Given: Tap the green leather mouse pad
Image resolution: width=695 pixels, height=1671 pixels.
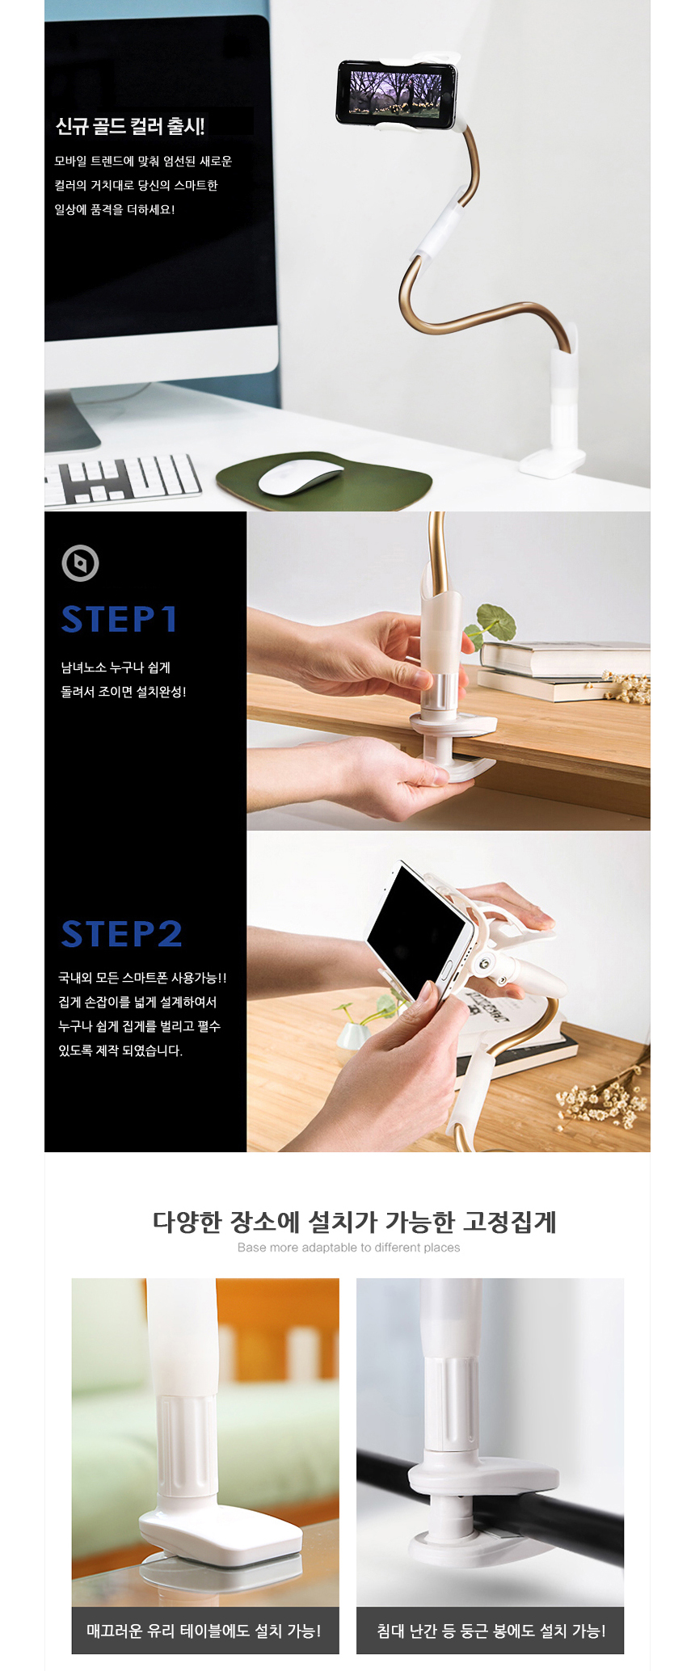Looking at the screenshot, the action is coord(324,482).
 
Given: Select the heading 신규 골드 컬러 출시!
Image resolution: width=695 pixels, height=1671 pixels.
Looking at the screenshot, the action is coord(130,126).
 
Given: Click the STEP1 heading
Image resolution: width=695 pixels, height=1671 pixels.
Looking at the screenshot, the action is coord(120,619).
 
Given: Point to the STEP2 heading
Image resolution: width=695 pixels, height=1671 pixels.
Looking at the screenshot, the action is coord(122,933).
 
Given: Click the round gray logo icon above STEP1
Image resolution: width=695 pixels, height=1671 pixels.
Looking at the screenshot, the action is coord(80,563).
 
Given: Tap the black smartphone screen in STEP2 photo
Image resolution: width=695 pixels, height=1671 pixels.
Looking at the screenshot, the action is coord(416,930).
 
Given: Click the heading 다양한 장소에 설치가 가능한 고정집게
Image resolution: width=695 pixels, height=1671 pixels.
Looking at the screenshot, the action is coord(355,1221).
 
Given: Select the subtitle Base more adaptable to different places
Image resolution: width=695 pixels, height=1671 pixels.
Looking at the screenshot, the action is coord(349,1248).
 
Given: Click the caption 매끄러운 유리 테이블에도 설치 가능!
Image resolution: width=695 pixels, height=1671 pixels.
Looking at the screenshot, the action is coord(204,1631).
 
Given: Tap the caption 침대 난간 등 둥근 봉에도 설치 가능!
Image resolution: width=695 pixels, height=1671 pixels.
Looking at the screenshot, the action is coord(491,1631).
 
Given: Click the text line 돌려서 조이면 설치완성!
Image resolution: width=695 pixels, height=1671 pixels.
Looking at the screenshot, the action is coord(124,692).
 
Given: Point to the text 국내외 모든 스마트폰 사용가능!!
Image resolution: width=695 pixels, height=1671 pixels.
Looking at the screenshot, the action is coord(142,978).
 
